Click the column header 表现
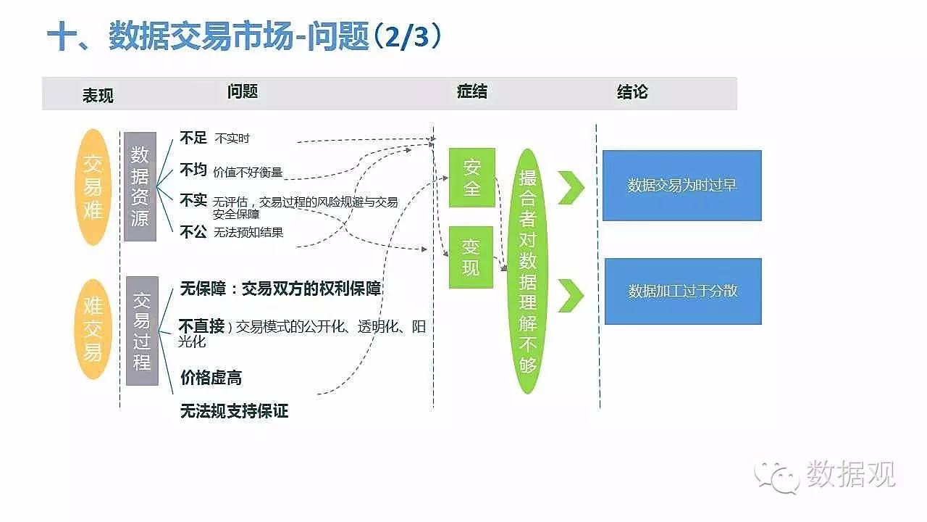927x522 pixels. click(x=98, y=95)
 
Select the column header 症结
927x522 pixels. click(x=471, y=91)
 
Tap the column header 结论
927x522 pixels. click(x=632, y=92)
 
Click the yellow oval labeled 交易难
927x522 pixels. click(x=93, y=186)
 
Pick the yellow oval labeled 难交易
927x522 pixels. click(x=93, y=329)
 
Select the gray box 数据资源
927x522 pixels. click(x=140, y=186)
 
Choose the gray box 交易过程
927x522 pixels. click(x=142, y=330)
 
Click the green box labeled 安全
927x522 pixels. click(x=471, y=178)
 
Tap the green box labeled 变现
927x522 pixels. click(x=471, y=257)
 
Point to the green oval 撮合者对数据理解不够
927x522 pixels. click(x=528, y=271)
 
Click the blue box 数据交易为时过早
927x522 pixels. click(x=681, y=185)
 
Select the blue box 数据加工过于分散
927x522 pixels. click(x=682, y=291)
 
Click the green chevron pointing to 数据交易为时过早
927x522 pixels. click(x=571, y=188)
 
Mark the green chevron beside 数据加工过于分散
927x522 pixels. click(x=571, y=295)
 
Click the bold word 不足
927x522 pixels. click(x=193, y=138)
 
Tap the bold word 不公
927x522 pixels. click(x=193, y=231)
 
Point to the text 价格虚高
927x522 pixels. click(x=211, y=377)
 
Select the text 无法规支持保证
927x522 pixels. click(x=234, y=411)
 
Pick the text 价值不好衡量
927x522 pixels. click(x=248, y=173)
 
